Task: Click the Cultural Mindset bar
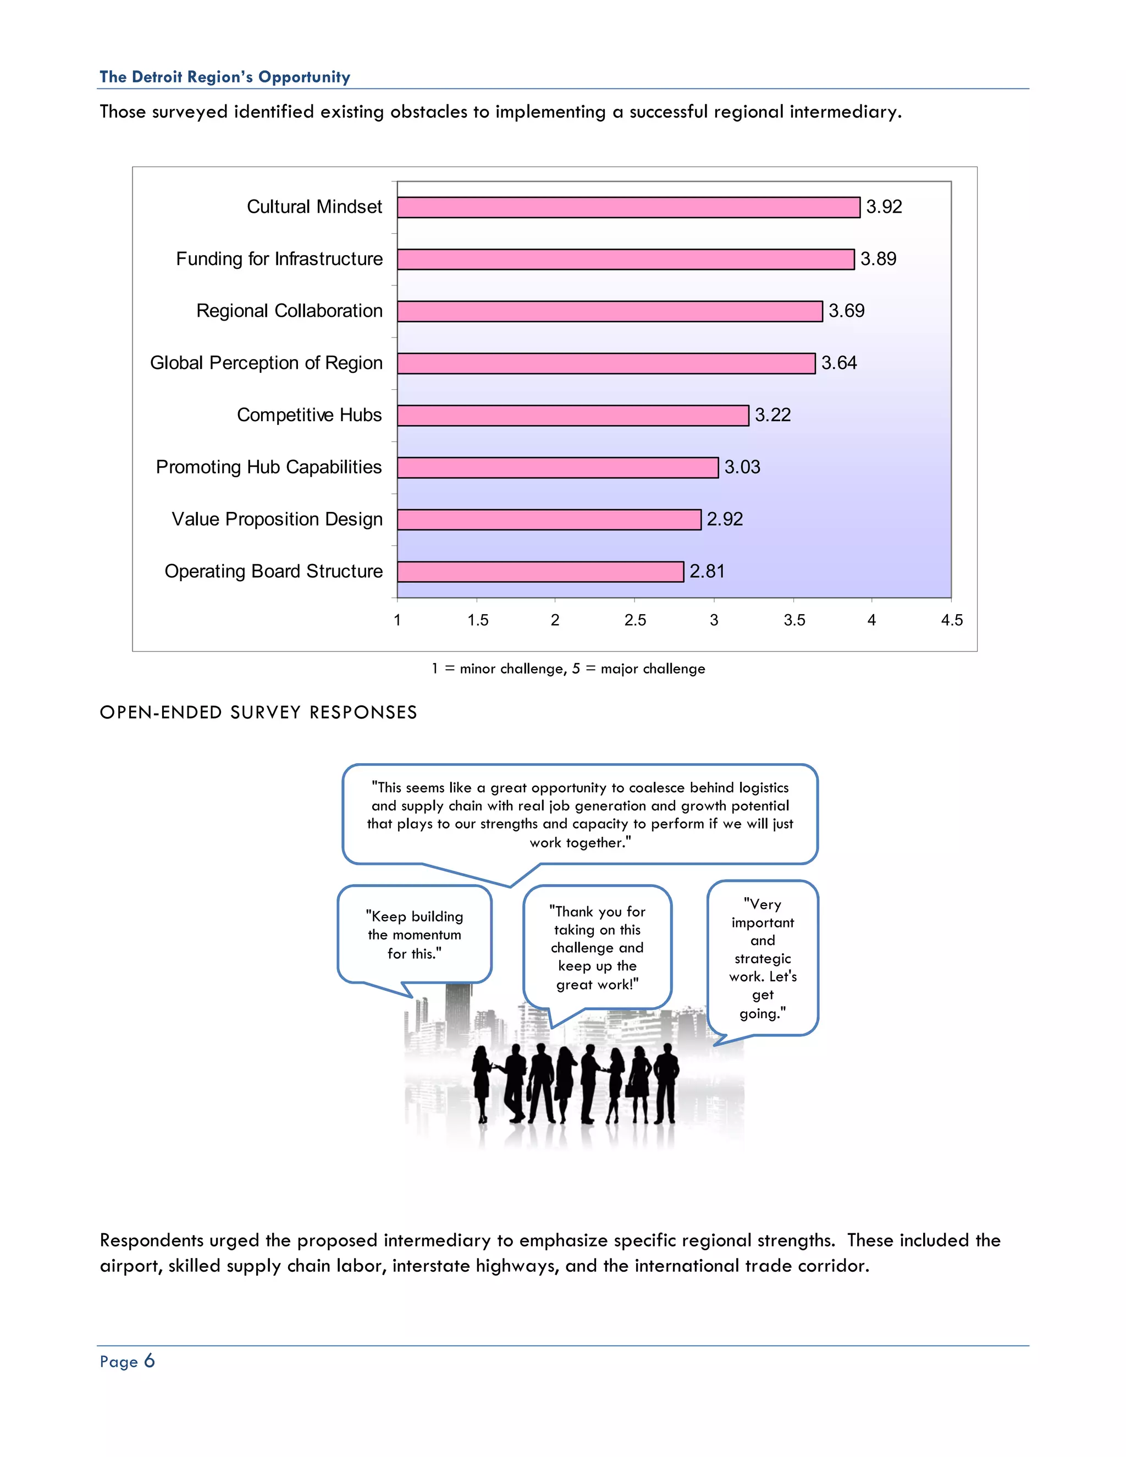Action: tap(628, 207)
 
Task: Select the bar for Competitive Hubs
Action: tap(572, 416)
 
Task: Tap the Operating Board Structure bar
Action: tap(540, 572)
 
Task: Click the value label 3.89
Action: tap(878, 259)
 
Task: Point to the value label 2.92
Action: tap(725, 519)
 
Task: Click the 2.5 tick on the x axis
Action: tap(635, 620)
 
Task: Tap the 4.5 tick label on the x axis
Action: tap(951, 620)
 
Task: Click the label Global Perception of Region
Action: tap(266, 363)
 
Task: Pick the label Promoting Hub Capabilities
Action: tap(268, 467)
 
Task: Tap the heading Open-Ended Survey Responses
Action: tap(258, 713)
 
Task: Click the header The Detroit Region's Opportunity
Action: tap(225, 78)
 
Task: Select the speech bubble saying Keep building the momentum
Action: tap(414, 934)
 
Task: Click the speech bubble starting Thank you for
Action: tap(597, 947)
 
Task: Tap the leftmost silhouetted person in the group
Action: tap(482, 1084)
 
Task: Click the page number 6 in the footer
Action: tap(150, 1361)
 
